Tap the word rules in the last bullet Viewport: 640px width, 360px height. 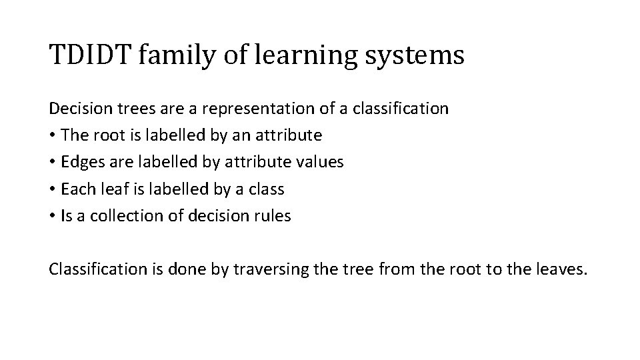coord(272,216)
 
